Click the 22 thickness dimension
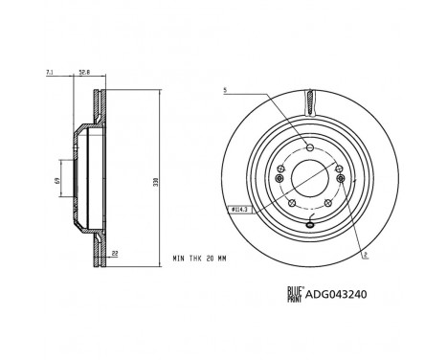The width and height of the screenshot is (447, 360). pos(116,253)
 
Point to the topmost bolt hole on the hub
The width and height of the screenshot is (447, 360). pos(309,146)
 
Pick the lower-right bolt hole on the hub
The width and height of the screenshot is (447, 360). pos(328,203)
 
